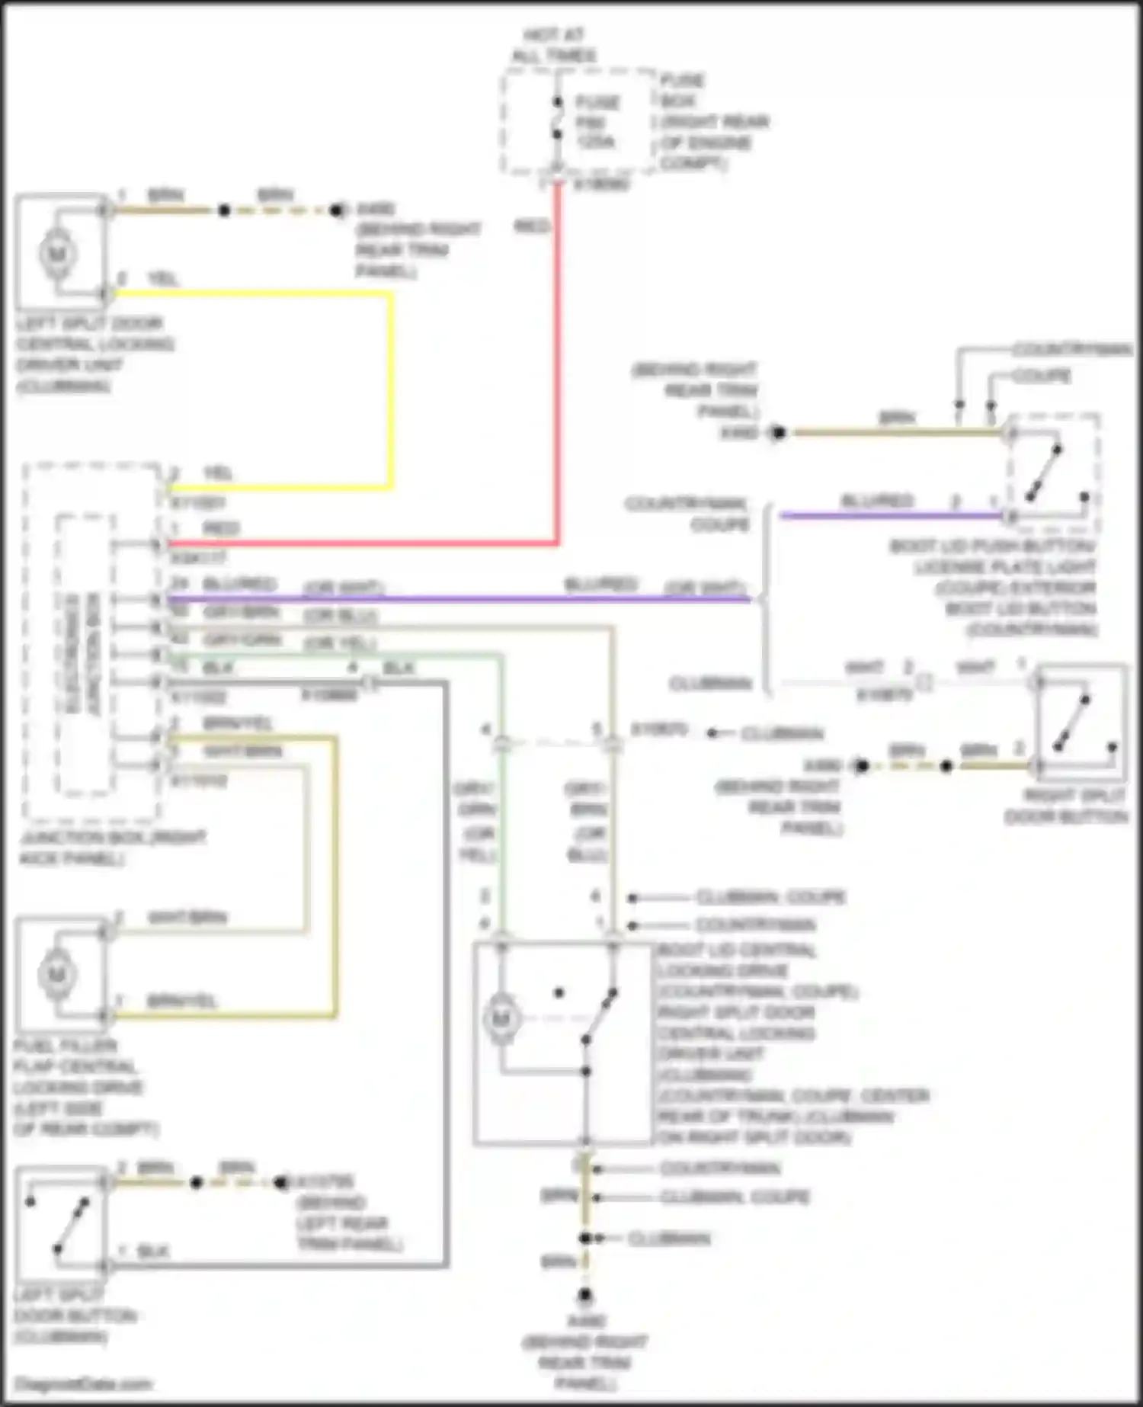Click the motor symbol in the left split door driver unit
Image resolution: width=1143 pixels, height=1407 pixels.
point(57,254)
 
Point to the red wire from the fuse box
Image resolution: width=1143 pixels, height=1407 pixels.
point(558,366)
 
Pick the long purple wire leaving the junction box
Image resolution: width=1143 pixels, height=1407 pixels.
point(457,600)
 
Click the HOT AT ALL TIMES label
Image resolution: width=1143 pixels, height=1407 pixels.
point(554,45)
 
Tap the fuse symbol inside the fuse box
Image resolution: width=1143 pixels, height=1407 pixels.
point(558,118)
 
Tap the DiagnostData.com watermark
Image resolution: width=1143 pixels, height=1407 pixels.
point(83,1384)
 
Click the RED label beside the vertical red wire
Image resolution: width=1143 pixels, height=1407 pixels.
point(532,226)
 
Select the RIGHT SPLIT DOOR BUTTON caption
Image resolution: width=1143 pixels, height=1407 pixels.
point(1065,806)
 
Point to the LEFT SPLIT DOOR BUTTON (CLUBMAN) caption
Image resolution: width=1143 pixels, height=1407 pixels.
point(75,1316)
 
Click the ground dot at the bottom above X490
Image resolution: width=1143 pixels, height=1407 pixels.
point(584,1295)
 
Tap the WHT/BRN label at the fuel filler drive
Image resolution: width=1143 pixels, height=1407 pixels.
point(187,917)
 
